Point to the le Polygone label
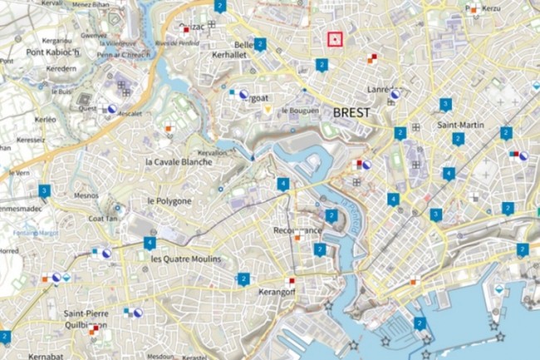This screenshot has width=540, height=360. [169, 201]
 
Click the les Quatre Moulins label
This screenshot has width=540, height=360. [186, 259]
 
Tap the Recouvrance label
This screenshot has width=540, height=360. [297, 230]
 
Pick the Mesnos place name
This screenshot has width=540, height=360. [86, 196]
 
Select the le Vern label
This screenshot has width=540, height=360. [18, 173]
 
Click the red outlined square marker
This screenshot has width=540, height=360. [335, 38]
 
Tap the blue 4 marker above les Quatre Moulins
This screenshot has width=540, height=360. [150, 243]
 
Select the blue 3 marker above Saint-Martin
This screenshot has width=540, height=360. [445, 104]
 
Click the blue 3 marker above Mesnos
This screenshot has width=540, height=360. [44, 190]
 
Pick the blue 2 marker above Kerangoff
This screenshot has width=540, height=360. [243, 279]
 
